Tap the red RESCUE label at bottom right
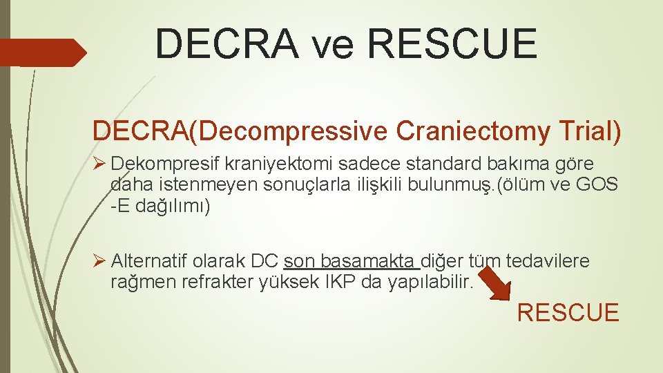point(568,313)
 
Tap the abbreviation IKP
point(340,282)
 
